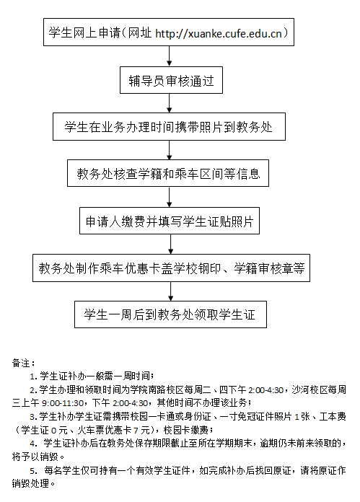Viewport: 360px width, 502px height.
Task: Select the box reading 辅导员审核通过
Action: pos(171,80)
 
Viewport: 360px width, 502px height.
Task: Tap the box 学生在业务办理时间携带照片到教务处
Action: pos(169,126)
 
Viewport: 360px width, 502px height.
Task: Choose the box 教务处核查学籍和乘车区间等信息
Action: pos(168,173)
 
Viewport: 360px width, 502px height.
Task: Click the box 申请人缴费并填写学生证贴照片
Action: pos(170,221)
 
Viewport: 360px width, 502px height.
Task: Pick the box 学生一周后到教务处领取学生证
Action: pos(170,314)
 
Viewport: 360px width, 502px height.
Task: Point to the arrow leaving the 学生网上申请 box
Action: pos(170,56)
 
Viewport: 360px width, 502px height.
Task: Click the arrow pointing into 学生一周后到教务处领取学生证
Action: pos(171,291)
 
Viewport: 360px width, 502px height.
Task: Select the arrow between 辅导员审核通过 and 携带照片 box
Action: pos(170,103)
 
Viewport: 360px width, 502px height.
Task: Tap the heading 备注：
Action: pos(23,363)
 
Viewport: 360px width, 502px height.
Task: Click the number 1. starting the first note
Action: pos(34,376)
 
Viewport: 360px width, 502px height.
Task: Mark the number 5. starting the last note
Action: pos(34,470)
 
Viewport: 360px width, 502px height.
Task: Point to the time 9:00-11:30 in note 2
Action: pos(63,403)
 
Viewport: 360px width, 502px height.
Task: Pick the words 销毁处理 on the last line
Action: pos(30,483)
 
